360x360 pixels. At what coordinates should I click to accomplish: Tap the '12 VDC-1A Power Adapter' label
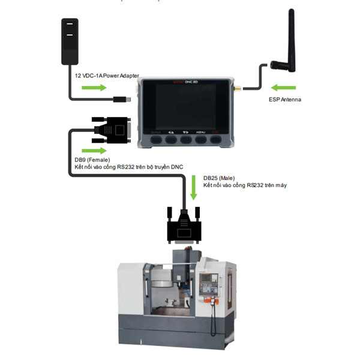coord(106,76)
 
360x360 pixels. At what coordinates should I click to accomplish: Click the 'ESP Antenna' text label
coord(285,99)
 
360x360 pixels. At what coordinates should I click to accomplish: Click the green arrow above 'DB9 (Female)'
coord(91,149)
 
